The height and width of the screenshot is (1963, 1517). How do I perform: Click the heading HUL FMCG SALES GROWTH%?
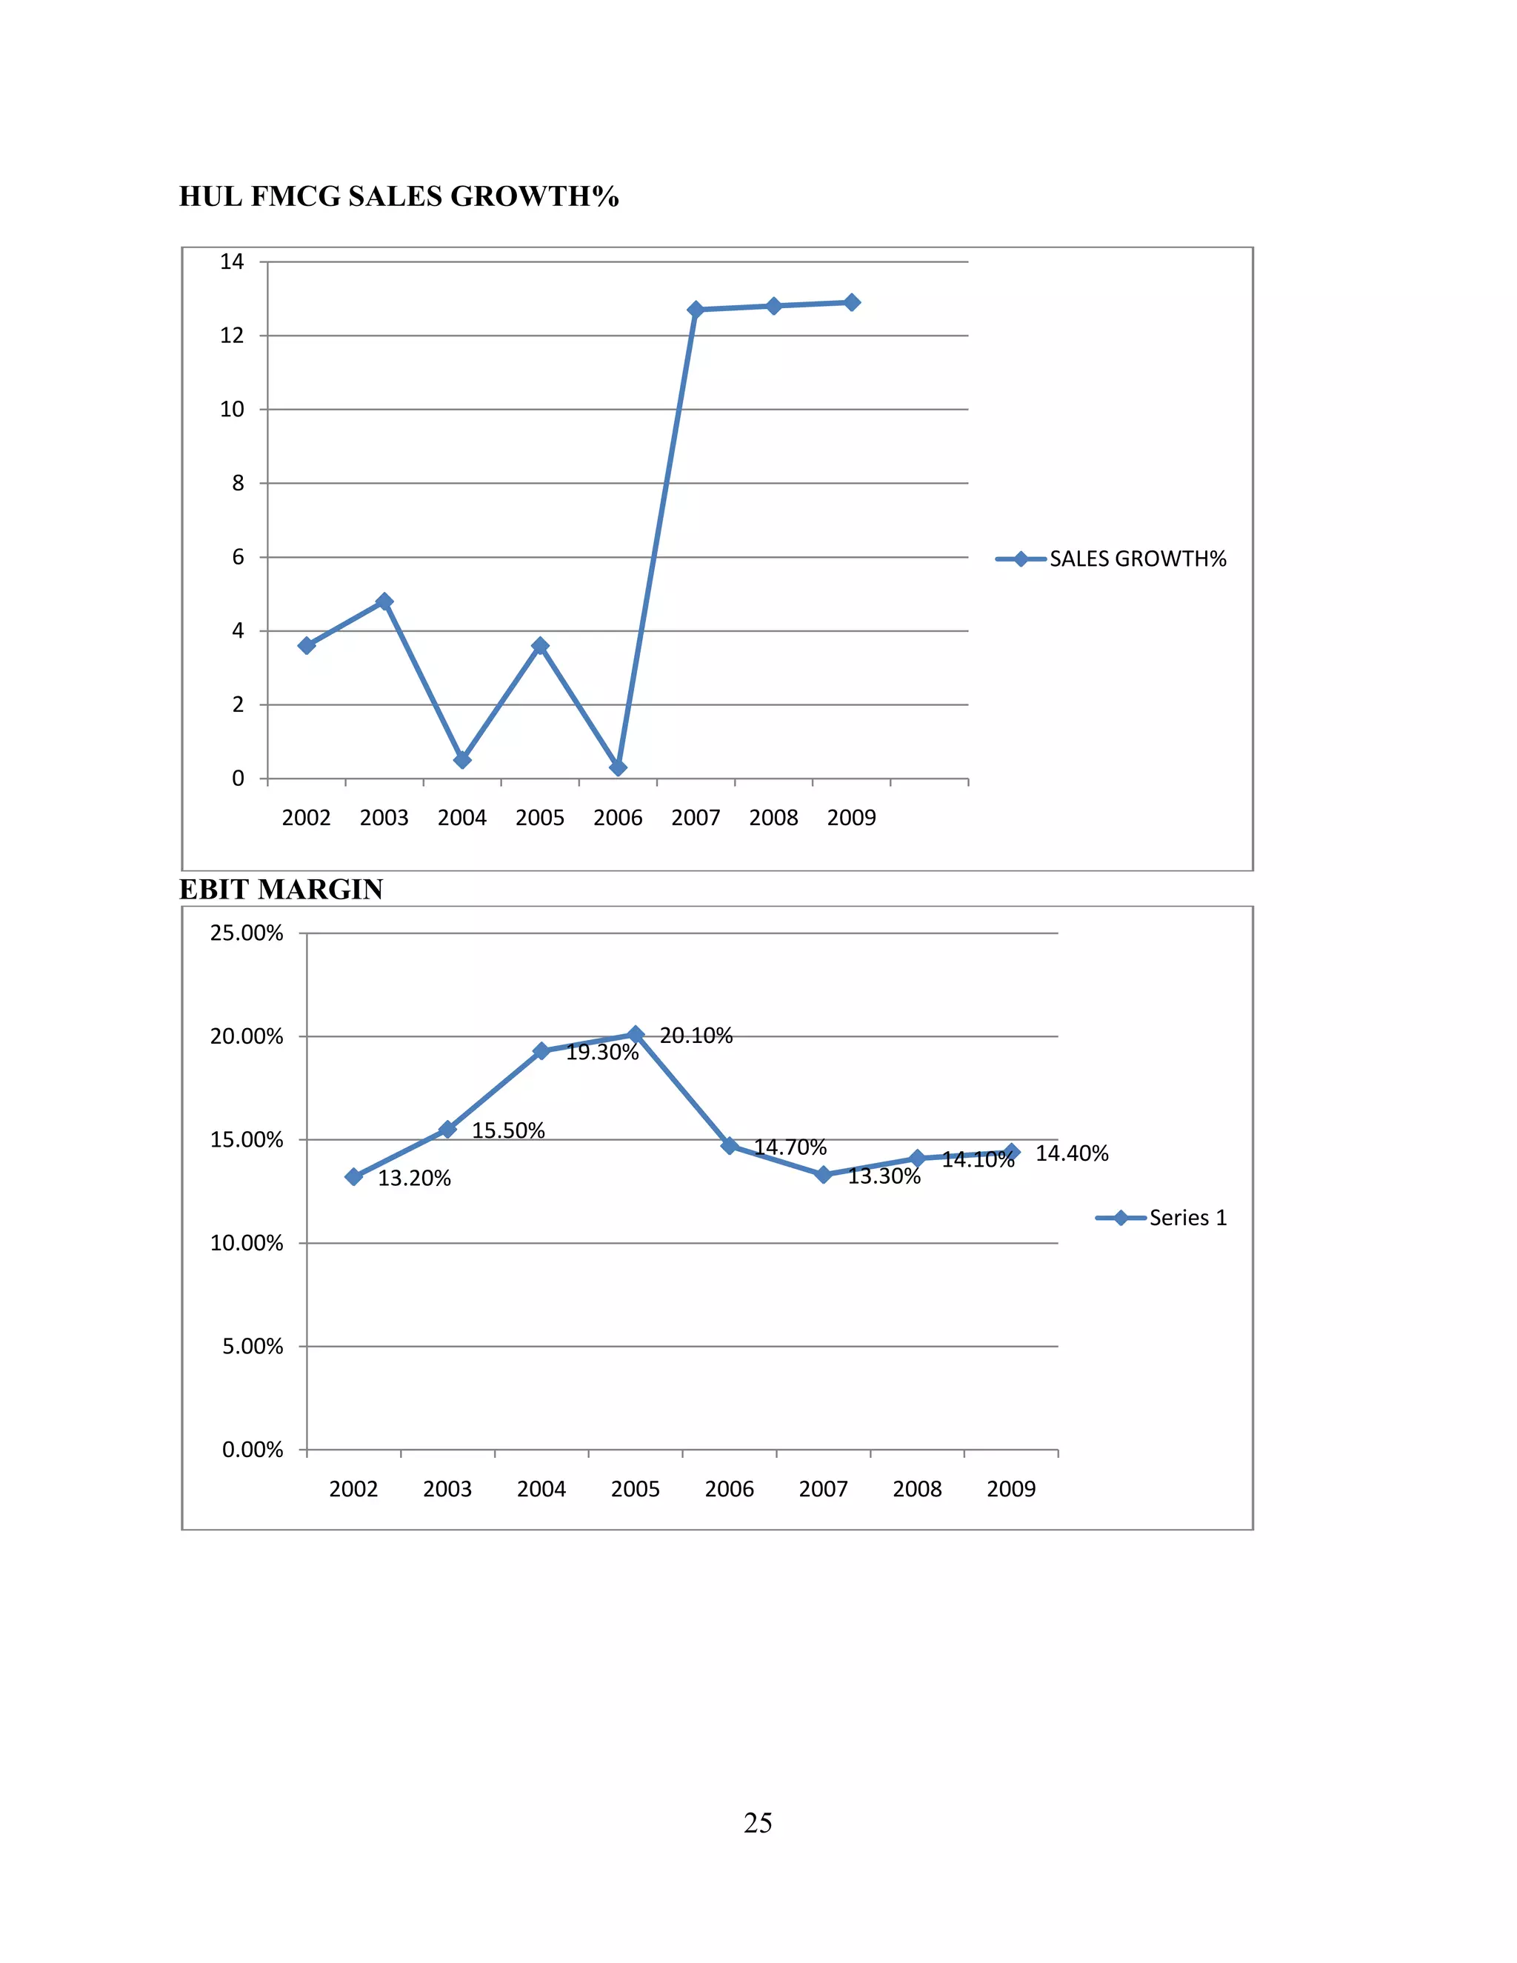click(x=399, y=196)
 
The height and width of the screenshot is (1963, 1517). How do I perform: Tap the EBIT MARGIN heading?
click(x=281, y=889)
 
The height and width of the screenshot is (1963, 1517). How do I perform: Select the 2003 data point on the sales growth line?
click(x=384, y=601)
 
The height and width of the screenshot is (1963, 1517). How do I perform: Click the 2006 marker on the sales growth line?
click(x=618, y=767)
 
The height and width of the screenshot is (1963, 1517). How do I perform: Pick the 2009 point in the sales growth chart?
click(x=852, y=302)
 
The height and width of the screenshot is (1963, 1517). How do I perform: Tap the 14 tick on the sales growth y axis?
click(x=232, y=261)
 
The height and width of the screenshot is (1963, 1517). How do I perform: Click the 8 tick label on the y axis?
click(x=237, y=484)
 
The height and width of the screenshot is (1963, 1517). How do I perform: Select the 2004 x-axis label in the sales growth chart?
click(x=462, y=818)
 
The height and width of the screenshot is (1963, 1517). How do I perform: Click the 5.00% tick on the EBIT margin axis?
click(x=253, y=1347)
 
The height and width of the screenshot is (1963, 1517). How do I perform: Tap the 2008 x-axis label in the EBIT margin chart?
click(x=917, y=1490)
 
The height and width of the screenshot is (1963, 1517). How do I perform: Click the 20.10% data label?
click(x=696, y=1036)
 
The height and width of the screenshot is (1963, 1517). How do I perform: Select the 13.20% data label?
click(x=414, y=1179)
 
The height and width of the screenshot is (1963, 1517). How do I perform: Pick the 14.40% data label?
click(x=1072, y=1153)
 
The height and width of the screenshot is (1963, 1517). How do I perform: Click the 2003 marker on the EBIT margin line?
click(x=447, y=1129)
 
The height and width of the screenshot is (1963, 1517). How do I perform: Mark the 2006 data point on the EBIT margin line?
click(x=730, y=1145)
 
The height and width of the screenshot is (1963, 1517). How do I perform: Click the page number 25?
click(x=758, y=1823)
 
